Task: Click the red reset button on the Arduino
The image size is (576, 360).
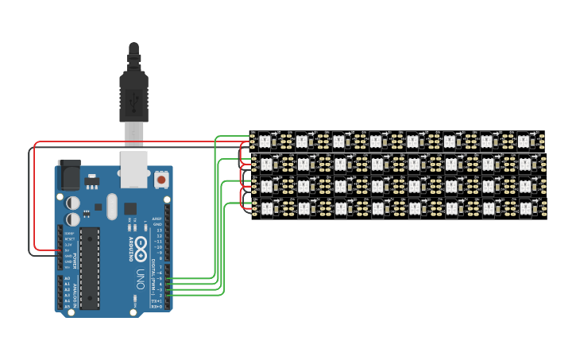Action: pyautogui.click(x=161, y=180)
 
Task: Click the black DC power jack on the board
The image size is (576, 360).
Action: pyautogui.click(x=69, y=173)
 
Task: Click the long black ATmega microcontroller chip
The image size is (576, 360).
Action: pyautogui.click(x=90, y=268)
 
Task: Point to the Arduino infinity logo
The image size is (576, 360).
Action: pyautogui.click(x=140, y=247)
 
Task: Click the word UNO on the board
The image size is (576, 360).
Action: pyautogui.click(x=140, y=278)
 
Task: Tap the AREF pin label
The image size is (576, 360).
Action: pyautogui.click(x=157, y=218)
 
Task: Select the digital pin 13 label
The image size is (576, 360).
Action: pyautogui.click(x=159, y=230)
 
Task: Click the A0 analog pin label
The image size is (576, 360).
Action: pyautogui.click(x=67, y=278)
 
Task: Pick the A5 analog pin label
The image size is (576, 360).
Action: pyautogui.click(x=67, y=306)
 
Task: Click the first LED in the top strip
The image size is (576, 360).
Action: pyautogui.click(x=265, y=141)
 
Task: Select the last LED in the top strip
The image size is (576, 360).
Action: pyautogui.click(x=524, y=141)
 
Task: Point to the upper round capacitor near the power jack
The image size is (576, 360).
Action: pyautogui.click(x=72, y=203)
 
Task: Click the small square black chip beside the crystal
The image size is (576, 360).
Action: pyautogui.click(x=130, y=208)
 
